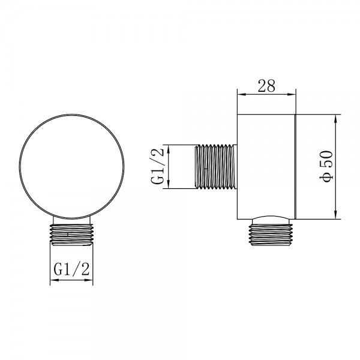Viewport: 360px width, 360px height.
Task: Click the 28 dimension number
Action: click(x=266, y=85)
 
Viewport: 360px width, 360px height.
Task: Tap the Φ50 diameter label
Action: click(x=326, y=167)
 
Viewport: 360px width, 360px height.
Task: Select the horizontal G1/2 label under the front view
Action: click(x=71, y=269)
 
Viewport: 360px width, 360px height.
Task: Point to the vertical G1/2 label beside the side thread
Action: click(x=158, y=166)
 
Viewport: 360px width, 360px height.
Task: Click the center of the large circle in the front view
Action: click(x=71, y=166)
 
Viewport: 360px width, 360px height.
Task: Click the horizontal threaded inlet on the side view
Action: click(x=216, y=167)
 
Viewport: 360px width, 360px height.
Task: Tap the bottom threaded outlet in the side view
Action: click(x=271, y=235)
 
